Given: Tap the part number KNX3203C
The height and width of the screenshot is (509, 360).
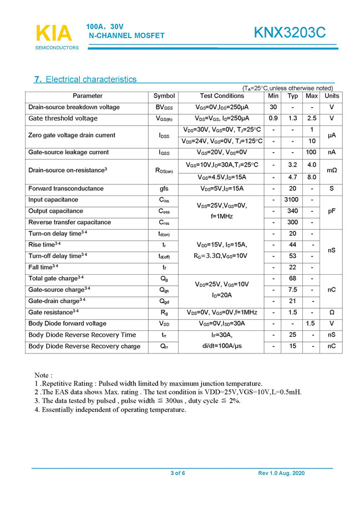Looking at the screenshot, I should (x=290, y=33).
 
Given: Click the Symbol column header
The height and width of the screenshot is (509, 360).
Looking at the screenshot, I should (x=164, y=96).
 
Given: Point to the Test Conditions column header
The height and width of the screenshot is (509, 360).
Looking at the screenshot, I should (x=222, y=96).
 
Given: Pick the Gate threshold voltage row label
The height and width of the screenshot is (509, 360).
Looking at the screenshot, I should (x=63, y=118).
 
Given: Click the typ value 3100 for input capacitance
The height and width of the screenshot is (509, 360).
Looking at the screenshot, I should (x=292, y=200).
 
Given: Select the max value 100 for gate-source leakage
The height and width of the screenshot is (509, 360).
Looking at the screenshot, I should (x=312, y=152).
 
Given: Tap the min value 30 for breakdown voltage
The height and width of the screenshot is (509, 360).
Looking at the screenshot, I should (x=273, y=107).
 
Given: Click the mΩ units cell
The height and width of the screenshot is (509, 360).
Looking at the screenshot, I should (x=331, y=170).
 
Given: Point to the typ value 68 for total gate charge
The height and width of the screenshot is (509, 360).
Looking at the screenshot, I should (x=292, y=278).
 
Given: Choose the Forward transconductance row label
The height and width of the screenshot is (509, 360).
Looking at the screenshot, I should (x=66, y=189).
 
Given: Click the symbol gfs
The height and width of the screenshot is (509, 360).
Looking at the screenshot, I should (x=164, y=189).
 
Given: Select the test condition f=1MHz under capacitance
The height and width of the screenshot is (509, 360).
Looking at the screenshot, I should (x=222, y=216).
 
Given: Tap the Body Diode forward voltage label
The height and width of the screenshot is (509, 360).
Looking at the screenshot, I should (x=67, y=324).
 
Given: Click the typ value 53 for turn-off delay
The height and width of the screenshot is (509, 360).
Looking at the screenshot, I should (x=292, y=256).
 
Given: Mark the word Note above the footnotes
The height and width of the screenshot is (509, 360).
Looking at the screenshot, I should (x=43, y=375).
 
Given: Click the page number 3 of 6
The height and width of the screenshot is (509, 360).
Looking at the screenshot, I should (x=178, y=473).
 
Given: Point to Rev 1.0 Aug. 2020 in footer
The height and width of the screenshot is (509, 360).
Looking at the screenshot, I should (x=282, y=473).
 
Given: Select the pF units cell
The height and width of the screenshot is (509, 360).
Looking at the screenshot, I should (x=331, y=211).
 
